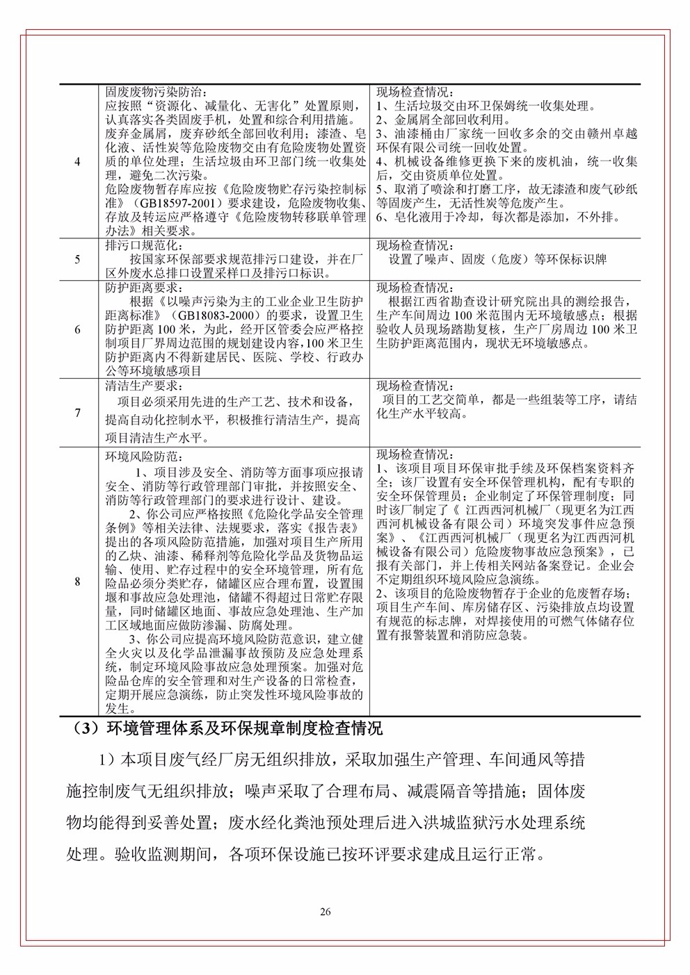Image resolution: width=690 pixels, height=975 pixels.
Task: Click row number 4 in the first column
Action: click(x=77, y=161)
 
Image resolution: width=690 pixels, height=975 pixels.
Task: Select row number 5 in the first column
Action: click(x=77, y=260)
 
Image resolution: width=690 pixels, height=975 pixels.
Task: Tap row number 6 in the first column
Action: click(x=77, y=329)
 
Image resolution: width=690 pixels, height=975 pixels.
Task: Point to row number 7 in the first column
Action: click(x=77, y=413)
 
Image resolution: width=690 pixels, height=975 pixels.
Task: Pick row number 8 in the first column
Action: click(x=77, y=582)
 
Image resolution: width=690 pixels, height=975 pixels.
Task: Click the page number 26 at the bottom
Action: click(x=325, y=912)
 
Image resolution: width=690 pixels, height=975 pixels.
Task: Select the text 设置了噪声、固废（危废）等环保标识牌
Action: click(x=497, y=260)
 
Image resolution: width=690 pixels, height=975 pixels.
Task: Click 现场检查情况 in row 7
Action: click(x=414, y=386)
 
